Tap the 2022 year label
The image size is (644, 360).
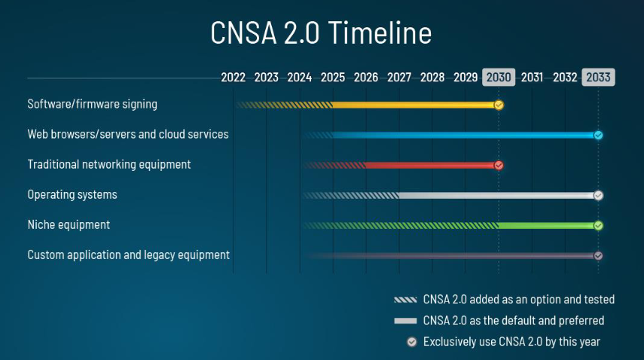[x=233, y=78]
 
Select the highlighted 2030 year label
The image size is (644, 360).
[x=499, y=78]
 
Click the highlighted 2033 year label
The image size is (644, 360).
[x=598, y=78]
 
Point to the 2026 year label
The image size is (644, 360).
[x=366, y=78]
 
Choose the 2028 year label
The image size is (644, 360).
[x=432, y=78]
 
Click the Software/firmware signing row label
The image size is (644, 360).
[x=93, y=105]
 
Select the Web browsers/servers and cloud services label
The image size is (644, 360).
[x=128, y=135]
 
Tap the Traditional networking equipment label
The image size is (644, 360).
[x=109, y=164]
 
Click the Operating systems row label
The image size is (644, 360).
[x=72, y=195]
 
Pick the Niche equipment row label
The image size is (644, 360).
[x=69, y=225]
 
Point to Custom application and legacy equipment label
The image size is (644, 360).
[x=129, y=255]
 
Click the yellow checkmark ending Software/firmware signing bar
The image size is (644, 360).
[x=499, y=105]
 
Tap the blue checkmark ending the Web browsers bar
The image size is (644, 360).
[x=598, y=136]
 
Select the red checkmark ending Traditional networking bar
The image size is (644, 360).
[x=499, y=166]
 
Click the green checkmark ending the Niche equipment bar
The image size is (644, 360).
[x=598, y=225]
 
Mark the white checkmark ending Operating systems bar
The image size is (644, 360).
[x=598, y=195]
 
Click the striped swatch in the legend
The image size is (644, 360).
[x=405, y=300]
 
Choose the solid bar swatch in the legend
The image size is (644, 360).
[x=405, y=321]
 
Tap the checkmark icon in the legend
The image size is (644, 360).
[x=411, y=342]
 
